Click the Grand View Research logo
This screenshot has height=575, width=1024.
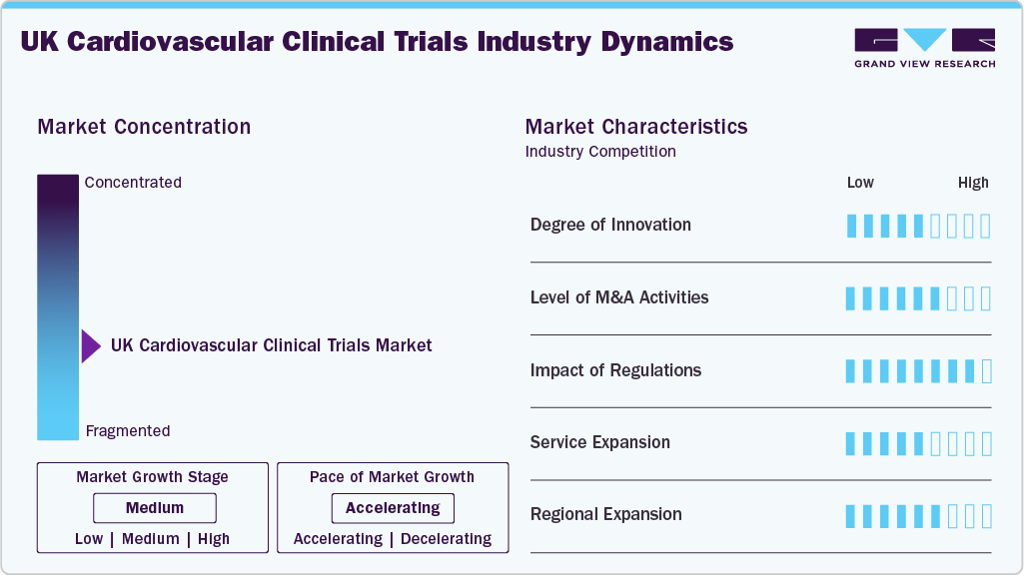pos(924,47)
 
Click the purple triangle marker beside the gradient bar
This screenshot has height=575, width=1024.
pos(91,346)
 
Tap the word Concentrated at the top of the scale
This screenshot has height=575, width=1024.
pos(133,183)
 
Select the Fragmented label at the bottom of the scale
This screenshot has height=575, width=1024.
pos(128,431)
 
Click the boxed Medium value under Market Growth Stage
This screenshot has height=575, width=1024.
pos(154,508)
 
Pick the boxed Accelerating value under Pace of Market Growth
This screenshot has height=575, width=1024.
pos(393,508)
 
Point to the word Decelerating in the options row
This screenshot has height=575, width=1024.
pos(446,539)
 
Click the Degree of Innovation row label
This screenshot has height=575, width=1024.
pos(610,225)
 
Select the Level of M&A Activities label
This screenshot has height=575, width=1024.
pos(619,297)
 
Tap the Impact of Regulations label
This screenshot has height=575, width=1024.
pos(615,370)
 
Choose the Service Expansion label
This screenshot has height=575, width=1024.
pos(599,442)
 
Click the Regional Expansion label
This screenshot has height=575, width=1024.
pos(605,515)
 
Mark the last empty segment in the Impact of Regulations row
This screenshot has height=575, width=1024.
pos(986,371)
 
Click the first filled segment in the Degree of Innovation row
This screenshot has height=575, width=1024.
pos(851,226)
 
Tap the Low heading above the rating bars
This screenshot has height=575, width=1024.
pos(860,183)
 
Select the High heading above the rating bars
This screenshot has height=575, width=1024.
pos(973,183)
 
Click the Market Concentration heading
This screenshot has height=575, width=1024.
pos(144,127)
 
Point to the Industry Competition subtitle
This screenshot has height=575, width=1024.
pos(600,152)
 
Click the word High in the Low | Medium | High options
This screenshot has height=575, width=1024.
pos(214,539)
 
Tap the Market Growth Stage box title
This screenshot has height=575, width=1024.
pos(152,477)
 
